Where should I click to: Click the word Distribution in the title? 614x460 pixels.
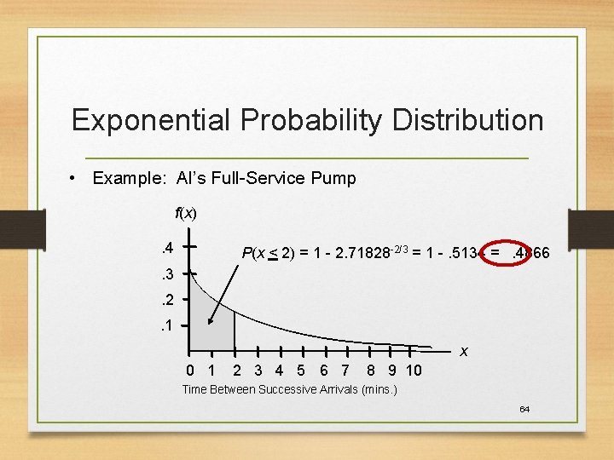467,120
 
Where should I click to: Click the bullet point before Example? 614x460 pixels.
76,179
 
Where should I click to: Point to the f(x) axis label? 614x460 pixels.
185,213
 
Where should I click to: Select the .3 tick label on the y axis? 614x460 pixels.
168,276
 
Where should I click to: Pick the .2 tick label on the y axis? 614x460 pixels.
168,301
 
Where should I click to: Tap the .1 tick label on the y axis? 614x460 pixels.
168,326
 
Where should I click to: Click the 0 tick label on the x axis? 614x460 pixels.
191,371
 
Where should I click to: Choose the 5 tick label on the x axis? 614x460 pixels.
300,371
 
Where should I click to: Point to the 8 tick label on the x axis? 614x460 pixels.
369,371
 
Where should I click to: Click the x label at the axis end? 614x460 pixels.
463,351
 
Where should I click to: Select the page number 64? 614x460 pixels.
524,410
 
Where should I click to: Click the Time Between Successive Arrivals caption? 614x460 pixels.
290,390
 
